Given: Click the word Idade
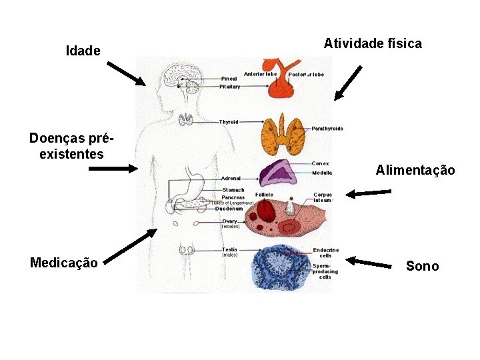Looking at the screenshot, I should pyautogui.click(x=83, y=51).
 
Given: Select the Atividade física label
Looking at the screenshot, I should pyautogui.click(x=373, y=44).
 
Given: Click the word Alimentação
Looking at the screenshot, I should pyautogui.click(x=415, y=171).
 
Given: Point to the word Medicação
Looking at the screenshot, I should pyautogui.click(x=64, y=262).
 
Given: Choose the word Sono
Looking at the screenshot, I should pyautogui.click(x=422, y=267).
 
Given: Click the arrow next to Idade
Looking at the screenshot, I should pyautogui.click(x=126, y=71).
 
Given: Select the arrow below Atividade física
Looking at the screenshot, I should pyautogui.click(x=348, y=83).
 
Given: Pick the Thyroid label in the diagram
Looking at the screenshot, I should pyautogui.click(x=229, y=122).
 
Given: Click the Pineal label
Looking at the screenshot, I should pyautogui.click(x=229, y=79).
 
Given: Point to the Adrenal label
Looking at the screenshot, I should pyautogui.click(x=231, y=179).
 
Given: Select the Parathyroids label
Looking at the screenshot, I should pyautogui.click(x=327, y=129).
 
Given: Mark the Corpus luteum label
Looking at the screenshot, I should pyautogui.click(x=323, y=197).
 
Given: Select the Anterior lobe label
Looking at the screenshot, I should pyautogui.click(x=260, y=74).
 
